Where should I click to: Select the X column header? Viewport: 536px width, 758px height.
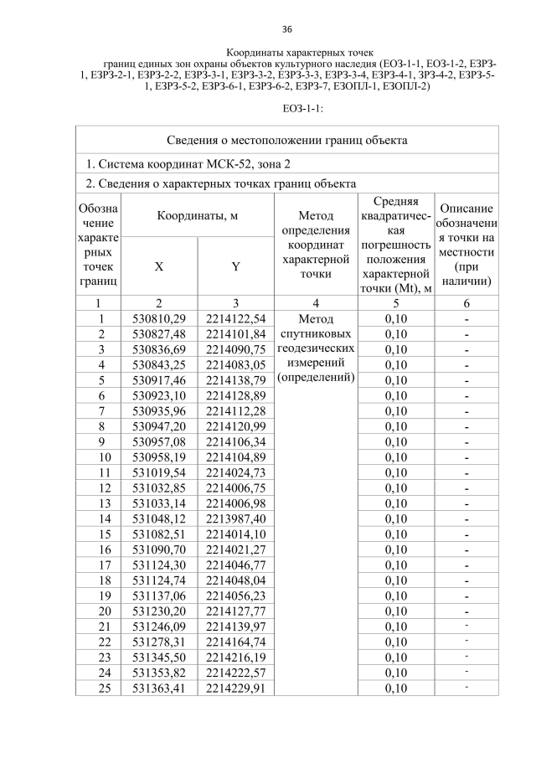(x=159, y=266)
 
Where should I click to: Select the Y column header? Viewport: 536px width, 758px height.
(x=235, y=266)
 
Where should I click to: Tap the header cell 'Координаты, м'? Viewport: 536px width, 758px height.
(x=197, y=215)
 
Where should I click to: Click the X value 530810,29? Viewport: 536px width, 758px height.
(x=159, y=318)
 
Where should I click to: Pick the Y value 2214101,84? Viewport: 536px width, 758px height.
(x=235, y=334)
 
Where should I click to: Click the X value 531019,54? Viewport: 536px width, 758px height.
(x=159, y=472)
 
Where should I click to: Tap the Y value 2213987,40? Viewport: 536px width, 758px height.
(x=235, y=518)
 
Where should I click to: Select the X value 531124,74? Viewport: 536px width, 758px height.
(x=159, y=580)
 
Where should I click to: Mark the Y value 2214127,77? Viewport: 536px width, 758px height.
(x=235, y=611)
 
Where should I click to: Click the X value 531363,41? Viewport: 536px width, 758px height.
(x=159, y=688)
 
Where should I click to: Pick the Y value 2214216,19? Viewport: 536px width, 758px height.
(x=235, y=657)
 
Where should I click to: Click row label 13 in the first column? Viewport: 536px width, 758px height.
(x=100, y=503)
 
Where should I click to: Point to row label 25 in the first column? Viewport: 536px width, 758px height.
(x=100, y=688)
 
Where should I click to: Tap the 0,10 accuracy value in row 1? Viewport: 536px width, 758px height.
(x=395, y=318)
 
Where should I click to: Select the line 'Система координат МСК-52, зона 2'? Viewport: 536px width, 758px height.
(x=193, y=163)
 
